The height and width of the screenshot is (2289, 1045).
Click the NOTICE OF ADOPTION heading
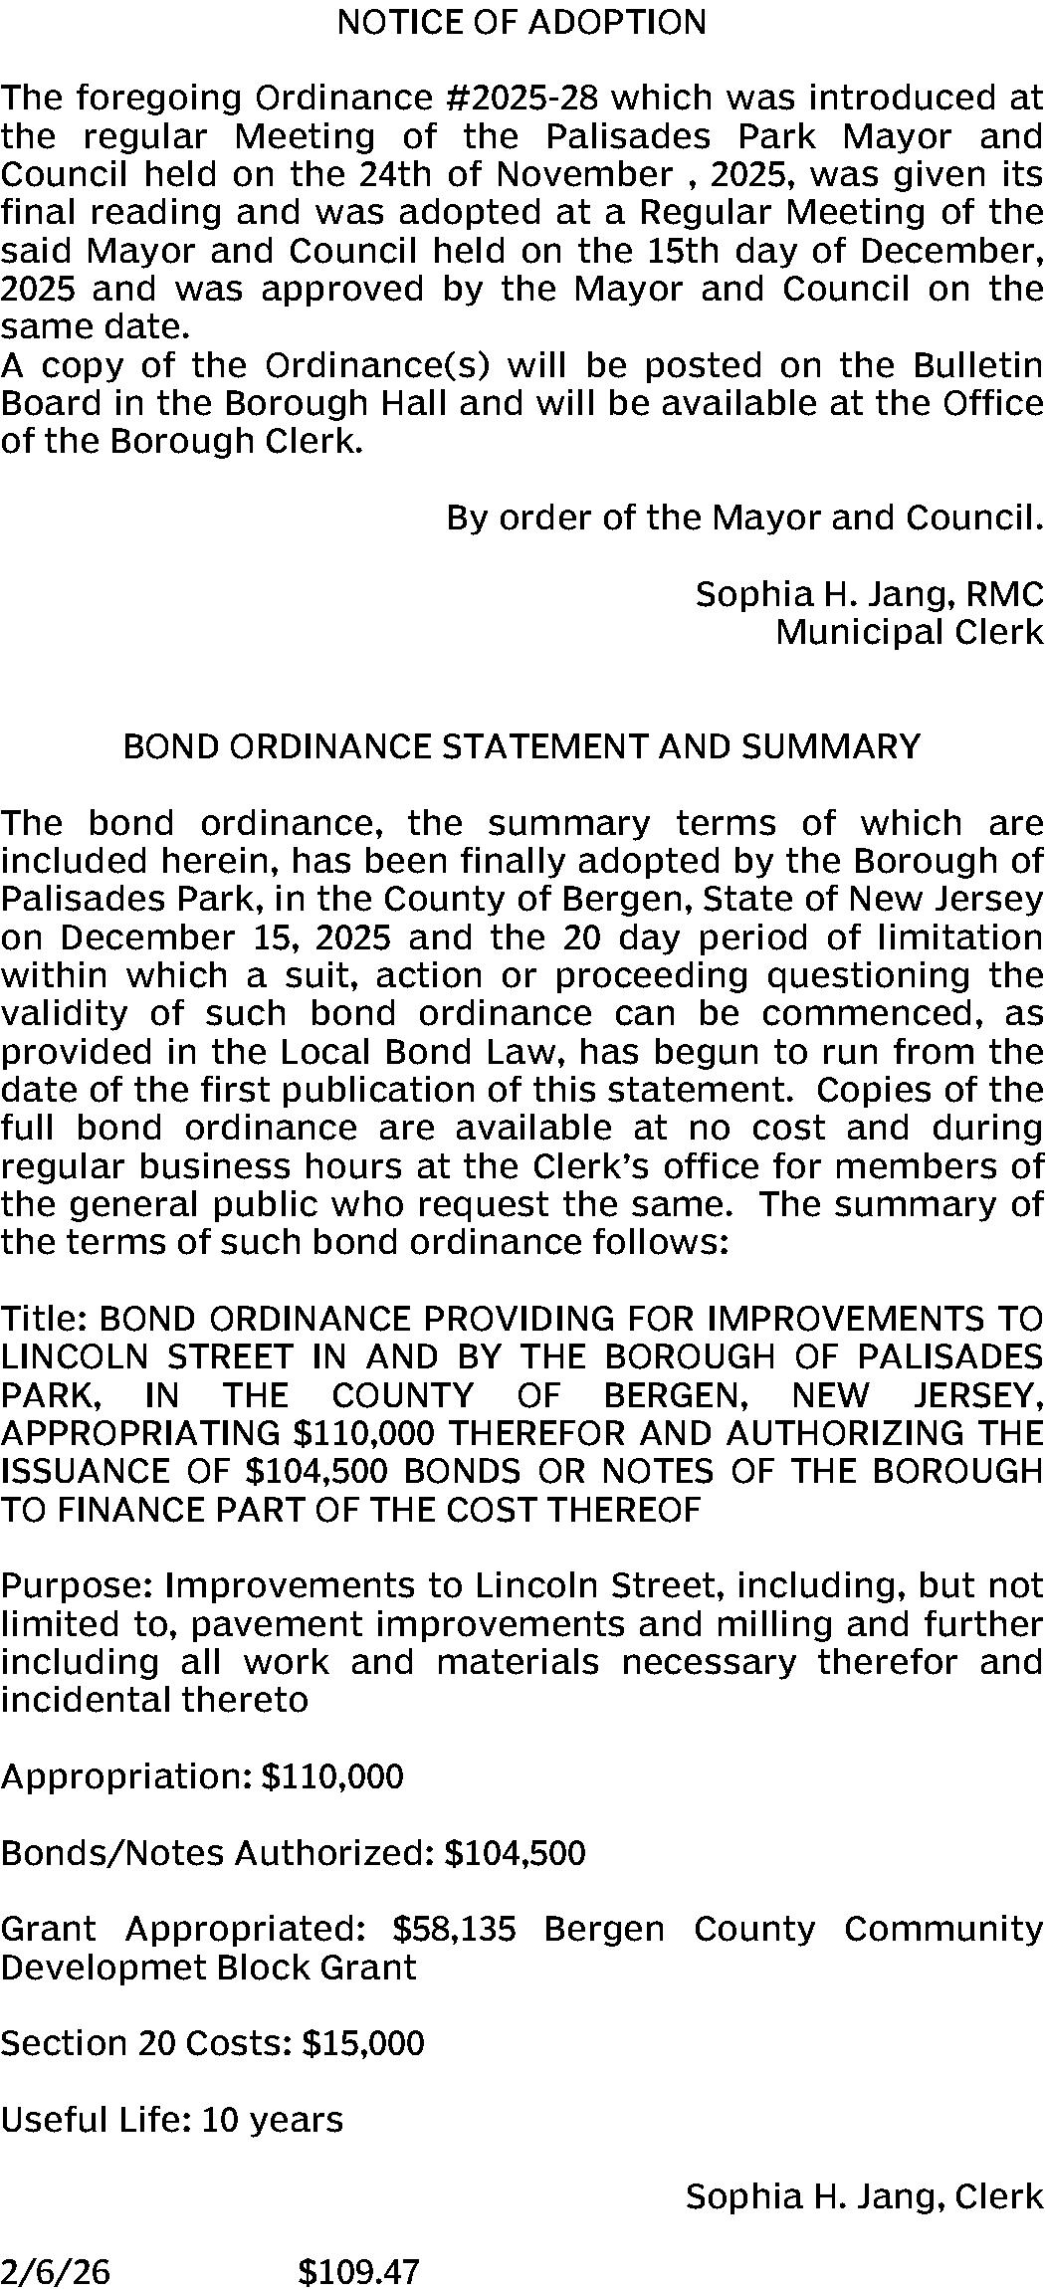pyautogui.click(x=522, y=22)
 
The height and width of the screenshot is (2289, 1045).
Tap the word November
pyautogui.click(x=584, y=174)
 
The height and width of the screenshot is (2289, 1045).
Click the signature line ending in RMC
pyautogui.click(x=869, y=594)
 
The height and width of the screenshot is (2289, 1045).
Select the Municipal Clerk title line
pyautogui.click(x=909, y=632)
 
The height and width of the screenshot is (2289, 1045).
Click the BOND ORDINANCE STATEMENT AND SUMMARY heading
pyautogui.click(x=522, y=746)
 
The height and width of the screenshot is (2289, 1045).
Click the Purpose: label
pyautogui.click(x=78, y=1585)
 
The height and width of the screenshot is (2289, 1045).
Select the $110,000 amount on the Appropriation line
pyautogui.click(x=331, y=1776)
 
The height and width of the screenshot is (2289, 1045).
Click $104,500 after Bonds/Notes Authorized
pyautogui.click(x=515, y=1853)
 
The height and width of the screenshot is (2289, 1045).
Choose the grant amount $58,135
pyautogui.click(x=455, y=1930)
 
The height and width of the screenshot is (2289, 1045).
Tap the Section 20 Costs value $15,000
pyautogui.click(x=362, y=2043)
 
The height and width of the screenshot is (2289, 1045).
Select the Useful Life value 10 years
pyautogui.click(x=272, y=2120)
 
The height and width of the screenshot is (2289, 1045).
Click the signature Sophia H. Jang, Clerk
pyautogui.click(x=864, y=2196)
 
